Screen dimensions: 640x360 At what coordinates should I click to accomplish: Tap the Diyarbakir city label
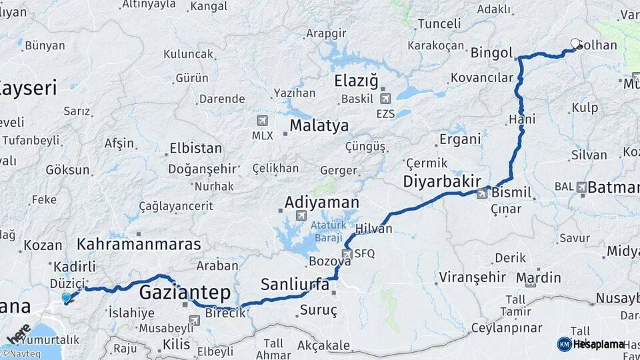pos(441,181)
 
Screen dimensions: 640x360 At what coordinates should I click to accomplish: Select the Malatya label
pos(319,125)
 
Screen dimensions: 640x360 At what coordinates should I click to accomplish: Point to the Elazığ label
pos(356,81)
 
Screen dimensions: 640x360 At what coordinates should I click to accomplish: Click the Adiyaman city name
pos(321,202)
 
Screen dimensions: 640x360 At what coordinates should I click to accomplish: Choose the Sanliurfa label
pos(295,285)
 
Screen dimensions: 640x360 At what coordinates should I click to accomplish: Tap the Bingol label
pos(491,53)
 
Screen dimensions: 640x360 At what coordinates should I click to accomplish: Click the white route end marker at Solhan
pos(575,44)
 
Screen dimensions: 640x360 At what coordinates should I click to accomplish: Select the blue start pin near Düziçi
pos(66,298)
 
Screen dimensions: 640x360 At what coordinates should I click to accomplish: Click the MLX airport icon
pos(261,121)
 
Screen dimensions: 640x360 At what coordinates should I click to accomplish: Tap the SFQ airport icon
pos(347,253)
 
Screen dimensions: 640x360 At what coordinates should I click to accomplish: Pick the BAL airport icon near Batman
pos(582,187)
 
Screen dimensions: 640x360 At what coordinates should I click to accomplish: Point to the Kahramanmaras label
pos(139,244)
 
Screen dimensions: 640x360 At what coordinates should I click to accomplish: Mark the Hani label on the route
pos(522,119)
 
